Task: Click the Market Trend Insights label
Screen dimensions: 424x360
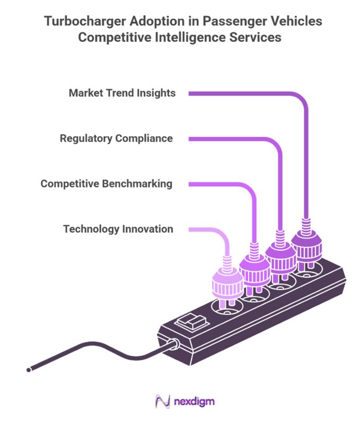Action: [x=122, y=93]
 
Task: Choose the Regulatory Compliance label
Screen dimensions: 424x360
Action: [x=116, y=138]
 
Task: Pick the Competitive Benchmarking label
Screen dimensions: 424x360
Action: [x=107, y=184]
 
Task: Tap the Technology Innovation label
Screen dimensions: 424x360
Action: [x=118, y=229]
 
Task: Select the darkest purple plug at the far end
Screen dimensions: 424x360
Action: [x=306, y=245]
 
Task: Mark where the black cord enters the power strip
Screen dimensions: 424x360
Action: [x=173, y=345]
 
